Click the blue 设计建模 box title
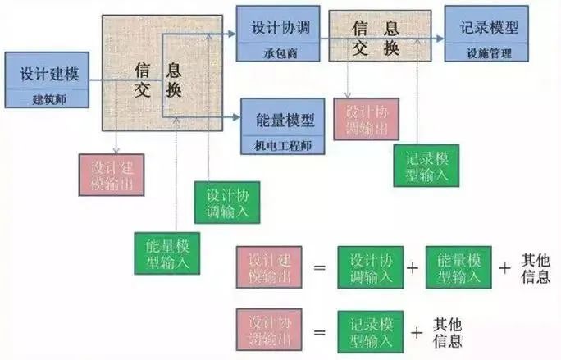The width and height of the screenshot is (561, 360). coord(49,74)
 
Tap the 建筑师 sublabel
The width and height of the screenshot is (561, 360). coord(49,99)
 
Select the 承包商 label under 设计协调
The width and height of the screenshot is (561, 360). coord(280,53)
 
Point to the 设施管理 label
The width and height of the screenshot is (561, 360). coord(489,53)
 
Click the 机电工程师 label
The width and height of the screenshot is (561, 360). coord(283,146)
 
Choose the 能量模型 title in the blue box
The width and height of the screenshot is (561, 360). coord(285,120)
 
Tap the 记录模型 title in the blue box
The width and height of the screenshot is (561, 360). coord(489,28)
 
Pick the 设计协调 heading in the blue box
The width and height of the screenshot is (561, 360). coord(280,28)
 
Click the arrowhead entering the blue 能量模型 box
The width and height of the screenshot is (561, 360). coord(236,117)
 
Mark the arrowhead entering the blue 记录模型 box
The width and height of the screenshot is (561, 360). coord(440,39)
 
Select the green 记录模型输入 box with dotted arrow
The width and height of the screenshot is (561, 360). coord(426,166)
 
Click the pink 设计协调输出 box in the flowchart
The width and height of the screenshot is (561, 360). coord(367,119)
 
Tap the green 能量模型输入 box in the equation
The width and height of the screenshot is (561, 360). coord(458,267)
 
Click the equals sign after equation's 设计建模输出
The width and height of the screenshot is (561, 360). coord(320,267)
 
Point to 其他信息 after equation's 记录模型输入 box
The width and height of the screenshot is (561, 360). coord(447,333)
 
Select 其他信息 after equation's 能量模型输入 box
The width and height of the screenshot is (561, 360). coord(536,268)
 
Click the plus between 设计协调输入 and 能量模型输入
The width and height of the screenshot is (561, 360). coord(413,267)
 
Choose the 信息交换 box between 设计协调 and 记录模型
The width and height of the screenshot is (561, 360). coord(380,36)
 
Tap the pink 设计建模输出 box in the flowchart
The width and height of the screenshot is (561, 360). coord(112,175)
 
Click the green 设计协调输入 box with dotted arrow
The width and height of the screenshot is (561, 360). coord(227,203)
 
